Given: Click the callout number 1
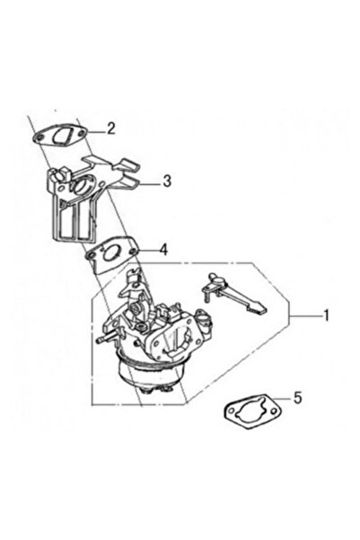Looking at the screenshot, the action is [x=328, y=316].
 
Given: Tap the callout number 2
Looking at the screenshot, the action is [x=110, y=128].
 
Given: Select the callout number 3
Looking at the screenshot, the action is [x=167, y=181].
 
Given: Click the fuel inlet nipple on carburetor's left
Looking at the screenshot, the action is [x=99, y=341].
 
